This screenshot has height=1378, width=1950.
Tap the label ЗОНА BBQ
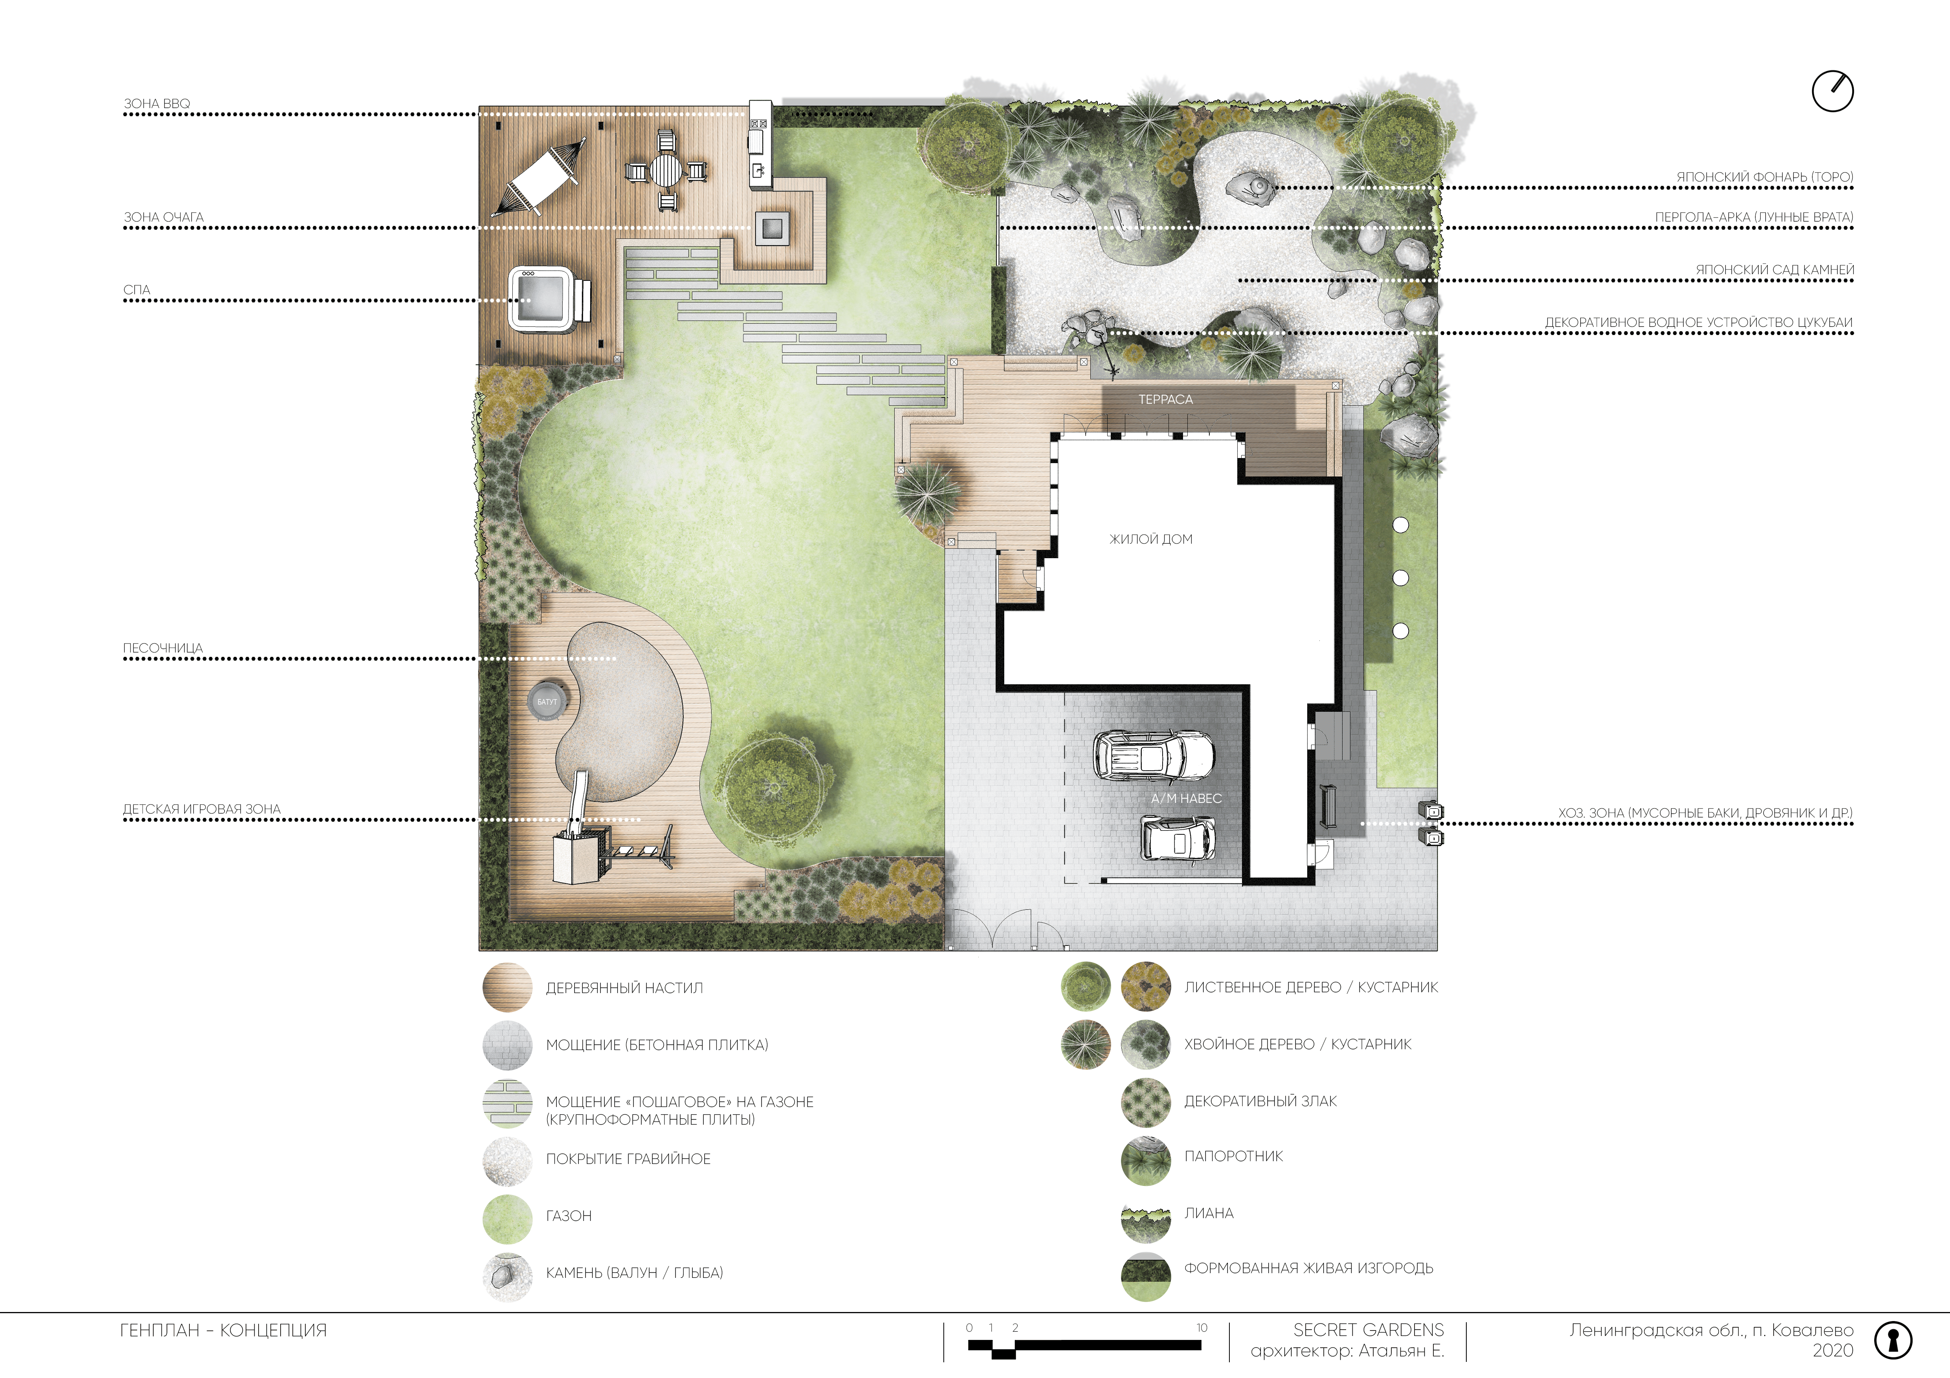157,104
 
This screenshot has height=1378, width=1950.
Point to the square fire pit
772,227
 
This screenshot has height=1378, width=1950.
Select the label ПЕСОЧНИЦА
163,648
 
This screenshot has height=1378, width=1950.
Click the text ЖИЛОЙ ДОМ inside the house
1151,539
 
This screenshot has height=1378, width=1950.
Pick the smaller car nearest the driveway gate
1177,839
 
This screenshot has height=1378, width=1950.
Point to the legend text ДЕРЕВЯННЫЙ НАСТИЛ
624,988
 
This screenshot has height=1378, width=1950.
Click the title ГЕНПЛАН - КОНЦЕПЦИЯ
223,1330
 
